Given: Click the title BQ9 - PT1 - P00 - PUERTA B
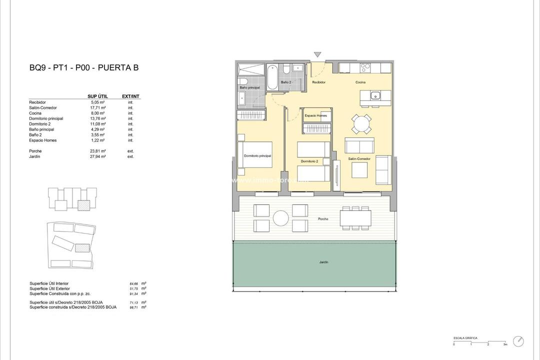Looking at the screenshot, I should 84,68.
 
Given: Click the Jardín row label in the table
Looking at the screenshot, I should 34,156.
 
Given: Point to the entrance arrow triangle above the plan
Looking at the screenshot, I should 317,54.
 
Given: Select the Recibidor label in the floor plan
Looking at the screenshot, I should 319,82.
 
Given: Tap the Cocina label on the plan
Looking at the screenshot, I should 360,82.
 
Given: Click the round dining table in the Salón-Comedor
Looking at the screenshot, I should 361,123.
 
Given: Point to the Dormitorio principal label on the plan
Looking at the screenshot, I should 257,156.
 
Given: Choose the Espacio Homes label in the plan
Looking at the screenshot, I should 315,115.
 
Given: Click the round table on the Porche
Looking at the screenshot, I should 280,217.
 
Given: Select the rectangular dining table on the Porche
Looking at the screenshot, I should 355,218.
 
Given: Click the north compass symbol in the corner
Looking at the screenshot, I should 518,341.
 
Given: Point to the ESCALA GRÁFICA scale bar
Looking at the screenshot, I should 479,341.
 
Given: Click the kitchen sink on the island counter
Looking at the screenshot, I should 375,95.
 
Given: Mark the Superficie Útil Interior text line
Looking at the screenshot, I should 49,283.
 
